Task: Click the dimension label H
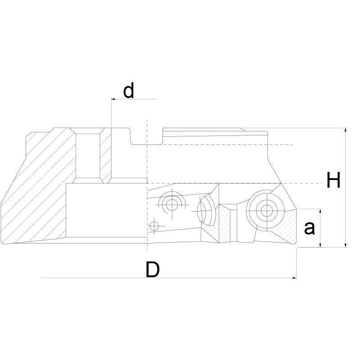pyautogui.click(x=333, y=181)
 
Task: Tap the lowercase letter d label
pyautogui.click(x=129, y=91)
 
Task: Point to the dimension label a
pyautogui.click(x=309, y=228)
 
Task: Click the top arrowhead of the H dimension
pyautogui.click(x=345, y=131)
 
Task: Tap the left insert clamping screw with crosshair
pyautogui.click(x=171, y=204)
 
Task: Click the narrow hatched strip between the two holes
pyautogui.click(x=105, y=155)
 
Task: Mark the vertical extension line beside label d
pyautogui.click(x=111, y=112)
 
